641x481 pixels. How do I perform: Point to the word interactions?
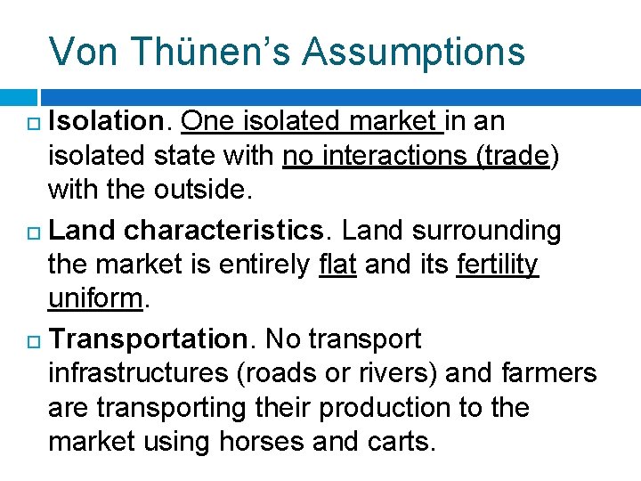coord(377,157)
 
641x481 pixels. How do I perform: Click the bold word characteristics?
coord(224,231)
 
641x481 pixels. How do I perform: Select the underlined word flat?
coord(337,265)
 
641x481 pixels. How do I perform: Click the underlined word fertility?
coord(498,265)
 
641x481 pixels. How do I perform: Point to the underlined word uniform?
coord(95,298)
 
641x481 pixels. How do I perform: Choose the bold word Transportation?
coord(149,338)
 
